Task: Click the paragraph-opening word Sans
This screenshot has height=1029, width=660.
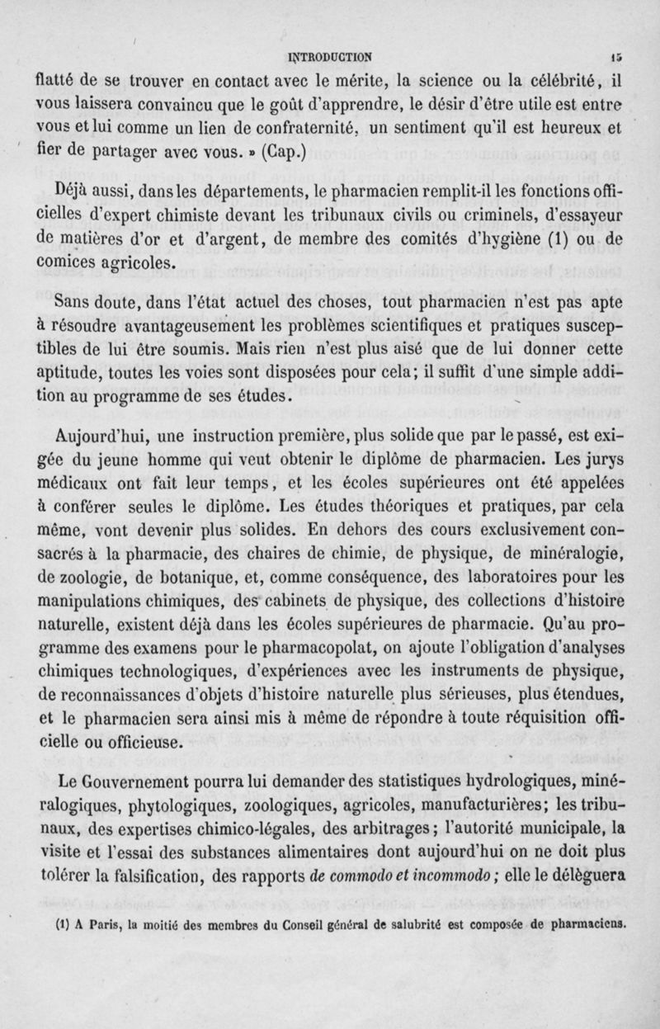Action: click(65, 304)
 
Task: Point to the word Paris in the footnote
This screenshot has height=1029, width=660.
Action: click(80, 918)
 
